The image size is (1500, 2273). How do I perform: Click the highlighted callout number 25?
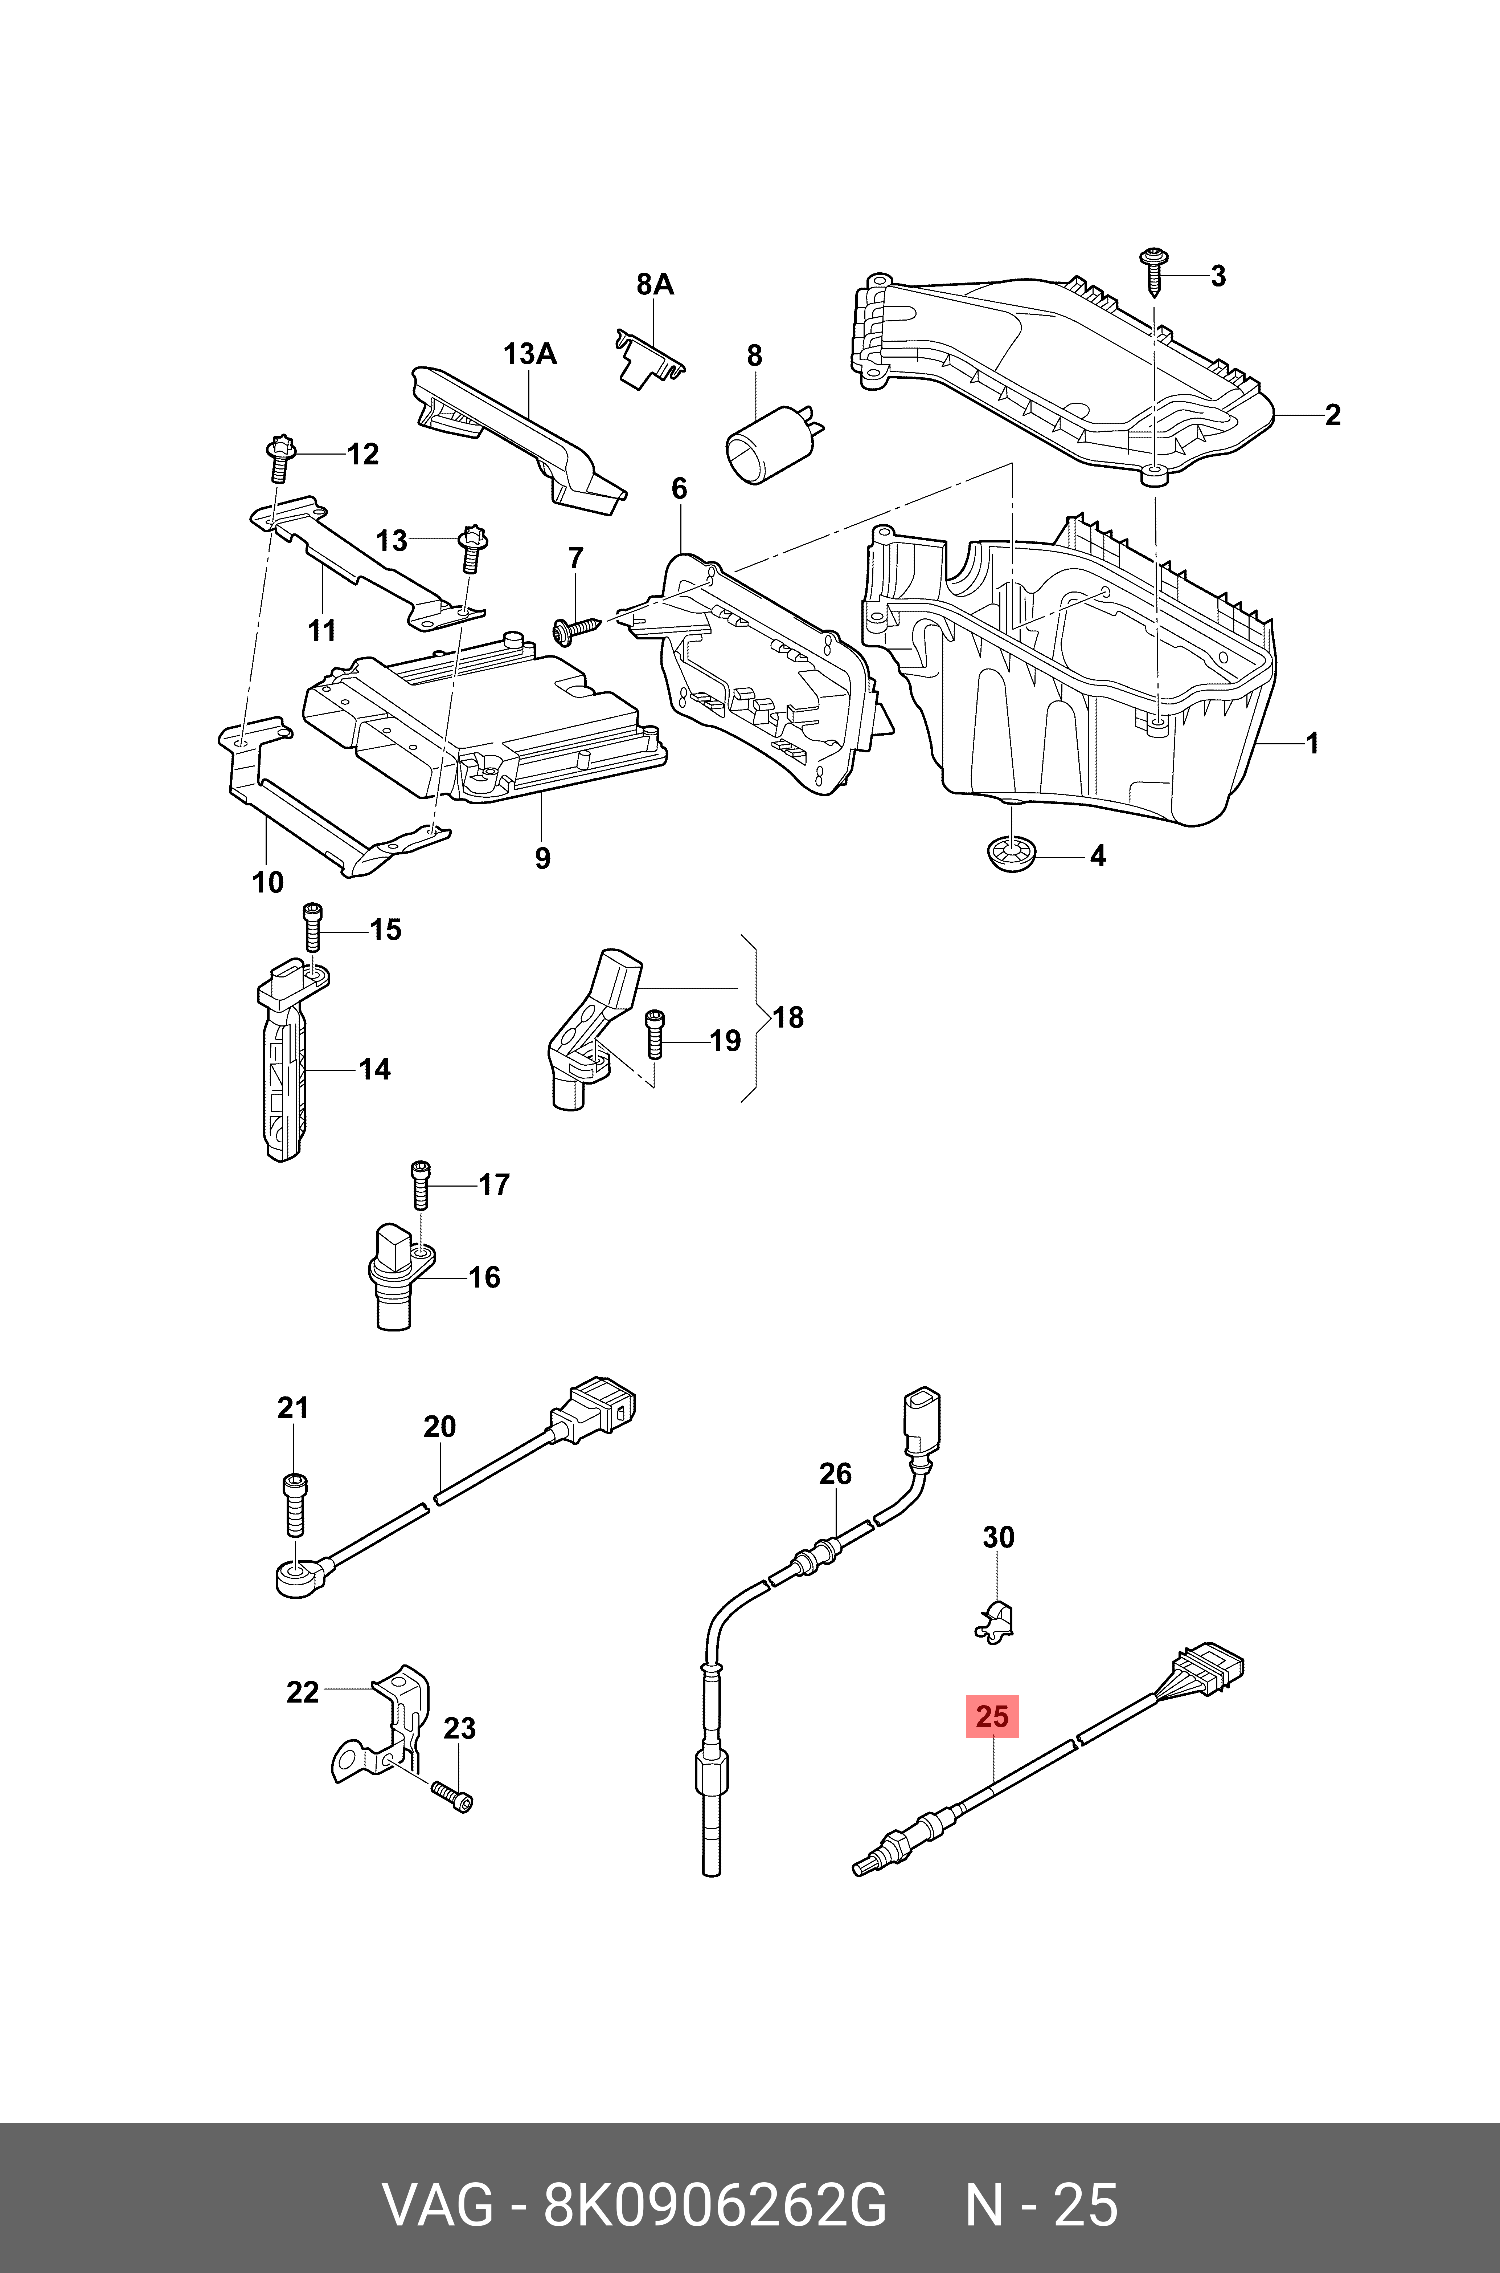[992, 1716]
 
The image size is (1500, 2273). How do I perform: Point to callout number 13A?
[530, 354]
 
